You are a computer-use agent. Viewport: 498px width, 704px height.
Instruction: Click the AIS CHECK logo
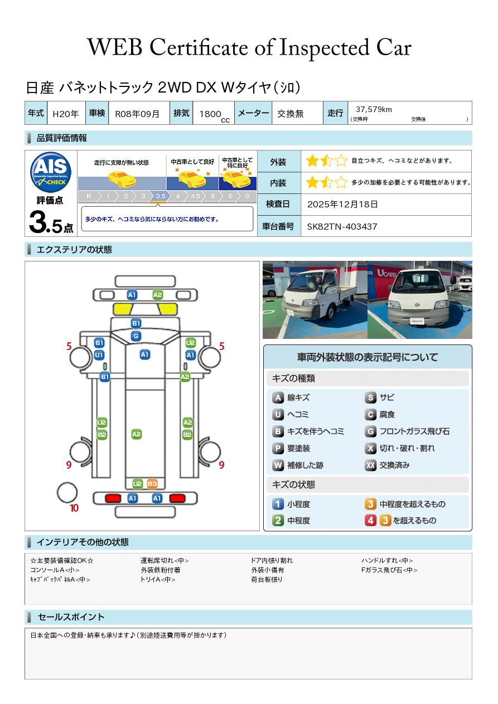tap(51, 172)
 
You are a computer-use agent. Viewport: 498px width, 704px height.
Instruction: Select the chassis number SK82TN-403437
tap(342, 227)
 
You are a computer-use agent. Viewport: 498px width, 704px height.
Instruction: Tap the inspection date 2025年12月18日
tap(342, 204)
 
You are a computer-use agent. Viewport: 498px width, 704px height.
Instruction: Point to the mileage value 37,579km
tap(374, 109)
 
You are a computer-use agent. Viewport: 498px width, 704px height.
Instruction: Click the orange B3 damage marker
tap(152, 484)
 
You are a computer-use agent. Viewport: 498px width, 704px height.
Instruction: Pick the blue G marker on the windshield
tap(136, 336)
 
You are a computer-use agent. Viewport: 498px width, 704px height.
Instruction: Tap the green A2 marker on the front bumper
tap(157, 295)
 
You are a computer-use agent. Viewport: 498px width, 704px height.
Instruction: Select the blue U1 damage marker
tap(99, 355)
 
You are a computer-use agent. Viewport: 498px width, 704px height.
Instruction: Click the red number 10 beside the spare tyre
tap(74, 508)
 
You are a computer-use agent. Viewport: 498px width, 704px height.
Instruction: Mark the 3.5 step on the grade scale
tap(161, 196)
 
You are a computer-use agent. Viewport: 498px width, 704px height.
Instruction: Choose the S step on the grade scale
tap(247, 196)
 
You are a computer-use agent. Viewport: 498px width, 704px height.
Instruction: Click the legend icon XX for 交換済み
tap(370, 465)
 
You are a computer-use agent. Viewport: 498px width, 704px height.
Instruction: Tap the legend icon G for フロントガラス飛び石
tap(370, 431)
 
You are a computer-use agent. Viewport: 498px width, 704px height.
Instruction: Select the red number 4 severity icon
tap(370, 521)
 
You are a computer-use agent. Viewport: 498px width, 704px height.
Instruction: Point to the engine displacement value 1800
tap(210, 114)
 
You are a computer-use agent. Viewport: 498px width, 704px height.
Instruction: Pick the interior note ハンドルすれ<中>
tap(386, 560)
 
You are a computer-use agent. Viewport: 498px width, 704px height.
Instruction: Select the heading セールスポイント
tap(71, 617)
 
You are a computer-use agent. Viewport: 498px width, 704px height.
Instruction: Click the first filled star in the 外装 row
tap(312, 161)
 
